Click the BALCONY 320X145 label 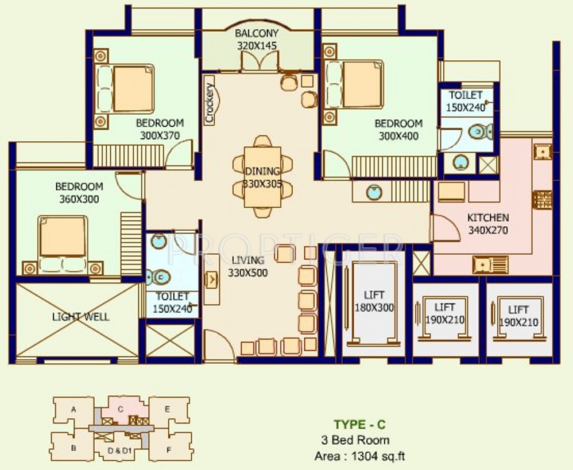pyautogui.click(x=257, y=40)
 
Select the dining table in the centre pyautogui.click(x=262, y=177)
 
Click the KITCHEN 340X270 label pyautogui.click(x=488, y=224)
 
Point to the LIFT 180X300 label pyautogui.click(x=374, y=301)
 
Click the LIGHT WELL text pyautogui.click(x=80, y=317)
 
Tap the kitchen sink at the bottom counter pyautogui.click(x=490, y=265)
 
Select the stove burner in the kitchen pyautogui.click(x=543, y=199)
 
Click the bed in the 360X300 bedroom pyautogui.click(x=63, y=243)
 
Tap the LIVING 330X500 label pyautogui.click(x=248, y=267)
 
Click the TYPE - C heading pyautogui.click(x=359, y=424)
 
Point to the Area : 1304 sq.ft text pyautogui.click(x=359, y=456)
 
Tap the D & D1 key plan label pyautogui.click(x=119, y=450)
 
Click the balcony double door pyautogui.click(x=260, y=61)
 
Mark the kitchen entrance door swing pyautogui.click(x=445, y=228)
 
